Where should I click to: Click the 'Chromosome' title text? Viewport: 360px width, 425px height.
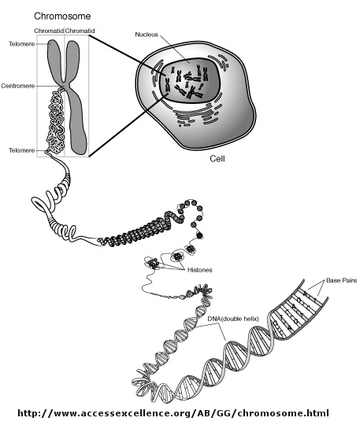(x=62, y=17)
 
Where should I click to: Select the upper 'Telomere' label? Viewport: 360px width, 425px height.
(x=22, y=44)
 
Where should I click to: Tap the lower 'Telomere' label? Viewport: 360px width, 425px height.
(x=22, y=150)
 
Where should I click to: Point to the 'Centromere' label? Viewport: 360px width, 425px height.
(x=18, y=86)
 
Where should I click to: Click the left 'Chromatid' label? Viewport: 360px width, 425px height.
(x=49, y=31)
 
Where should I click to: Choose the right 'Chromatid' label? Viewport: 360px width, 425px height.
(x=80, y=31)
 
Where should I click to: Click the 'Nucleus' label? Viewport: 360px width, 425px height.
(x=147, y=35)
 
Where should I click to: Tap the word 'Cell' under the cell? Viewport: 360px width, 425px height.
(x=217, y=158)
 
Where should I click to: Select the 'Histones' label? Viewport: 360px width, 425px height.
(x=200, y=270)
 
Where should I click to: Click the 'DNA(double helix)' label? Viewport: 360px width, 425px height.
(x=233, y=319)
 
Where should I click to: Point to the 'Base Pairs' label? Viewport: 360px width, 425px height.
(x=342, y=280)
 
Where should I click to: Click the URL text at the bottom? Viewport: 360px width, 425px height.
(x=173, y=413)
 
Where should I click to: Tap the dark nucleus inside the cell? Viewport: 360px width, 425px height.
(x=189, y=80)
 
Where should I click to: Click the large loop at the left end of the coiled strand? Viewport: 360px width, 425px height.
(x=41, y=205)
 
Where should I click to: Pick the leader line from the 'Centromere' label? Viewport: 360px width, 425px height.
(x=48, y=87)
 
